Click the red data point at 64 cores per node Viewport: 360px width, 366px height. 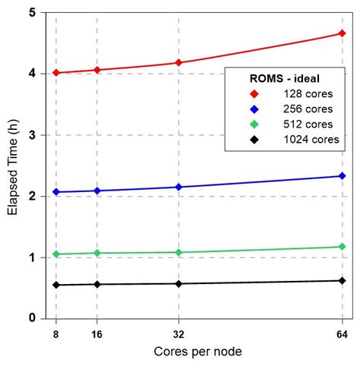click(342, 33)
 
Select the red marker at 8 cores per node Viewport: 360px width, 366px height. click(56, 73)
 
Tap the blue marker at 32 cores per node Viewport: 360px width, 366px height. click(178, 187)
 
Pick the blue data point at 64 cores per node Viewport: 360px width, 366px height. click(342, 176)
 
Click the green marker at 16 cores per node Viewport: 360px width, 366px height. click(96, 253)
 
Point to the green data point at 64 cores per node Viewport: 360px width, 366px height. click(342, 247)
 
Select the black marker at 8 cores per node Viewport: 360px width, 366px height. click(56, 285)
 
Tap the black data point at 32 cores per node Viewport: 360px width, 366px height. click(178, 283)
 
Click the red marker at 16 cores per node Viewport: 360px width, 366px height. click(96, 70)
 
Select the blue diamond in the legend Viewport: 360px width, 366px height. click(255, 108)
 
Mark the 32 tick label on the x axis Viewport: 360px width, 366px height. click(178, 332)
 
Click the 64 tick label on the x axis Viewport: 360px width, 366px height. click(342, 332)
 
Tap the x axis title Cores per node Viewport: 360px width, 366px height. click(199, 352)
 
